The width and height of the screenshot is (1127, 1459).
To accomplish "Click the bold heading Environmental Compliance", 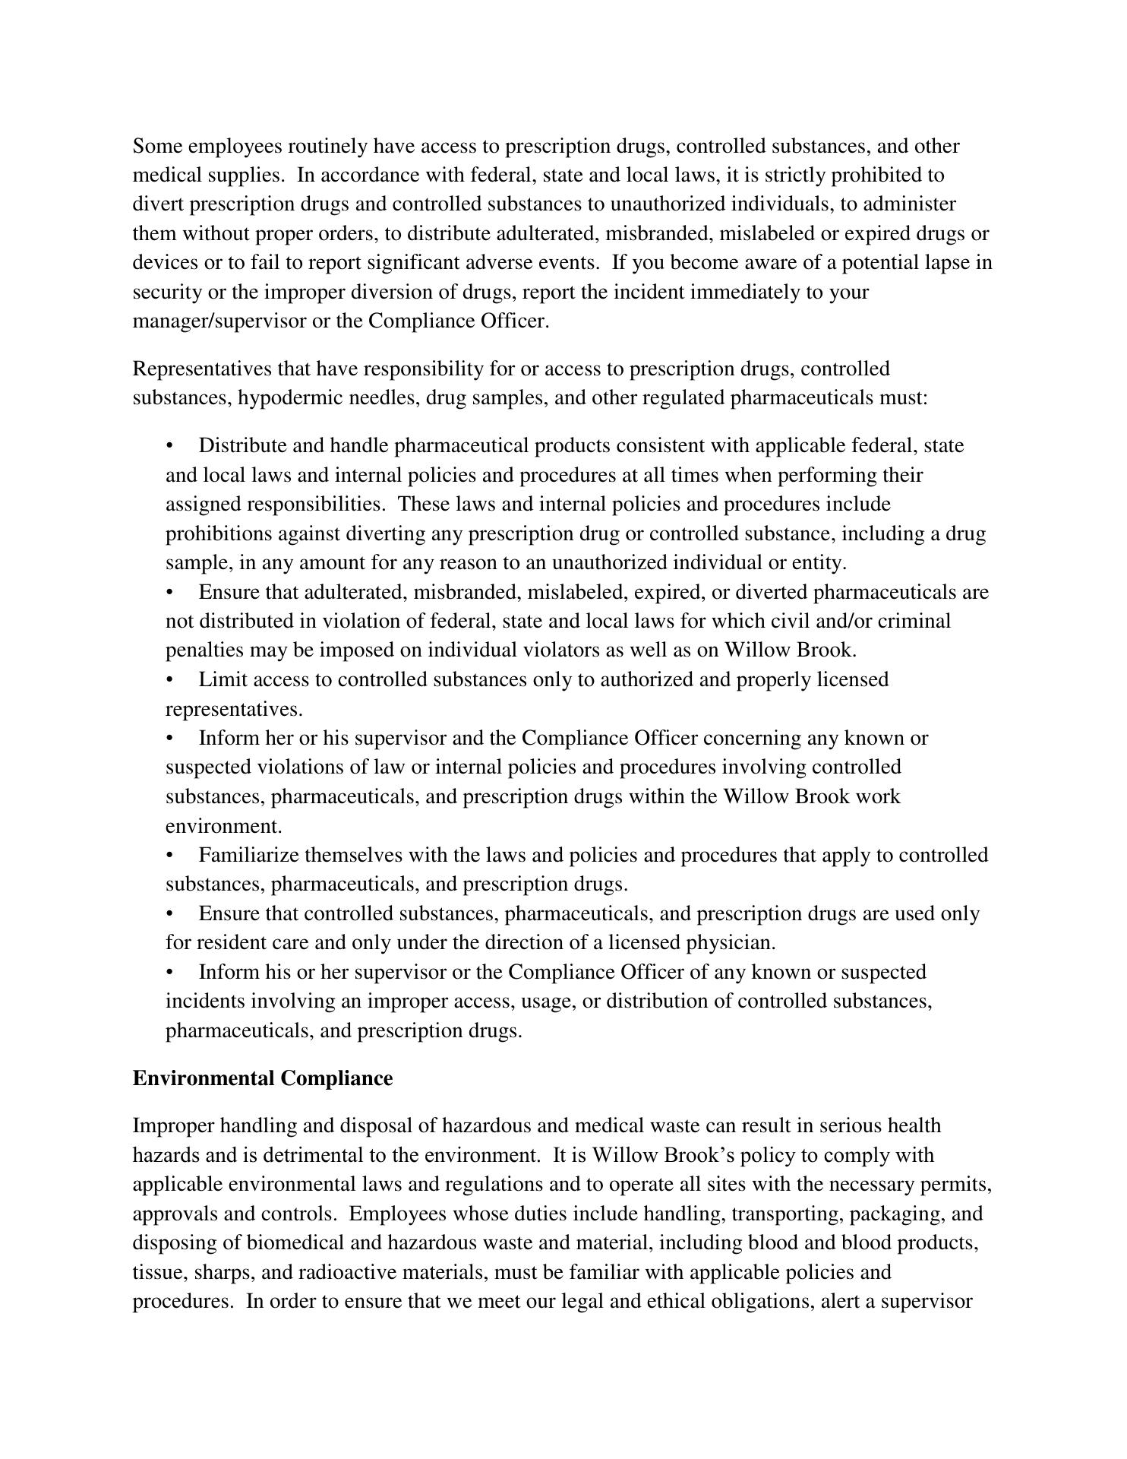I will (263, 1078).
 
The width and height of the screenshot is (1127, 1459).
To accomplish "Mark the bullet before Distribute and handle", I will (170, 446).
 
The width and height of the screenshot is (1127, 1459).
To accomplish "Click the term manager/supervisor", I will (219, 321).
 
